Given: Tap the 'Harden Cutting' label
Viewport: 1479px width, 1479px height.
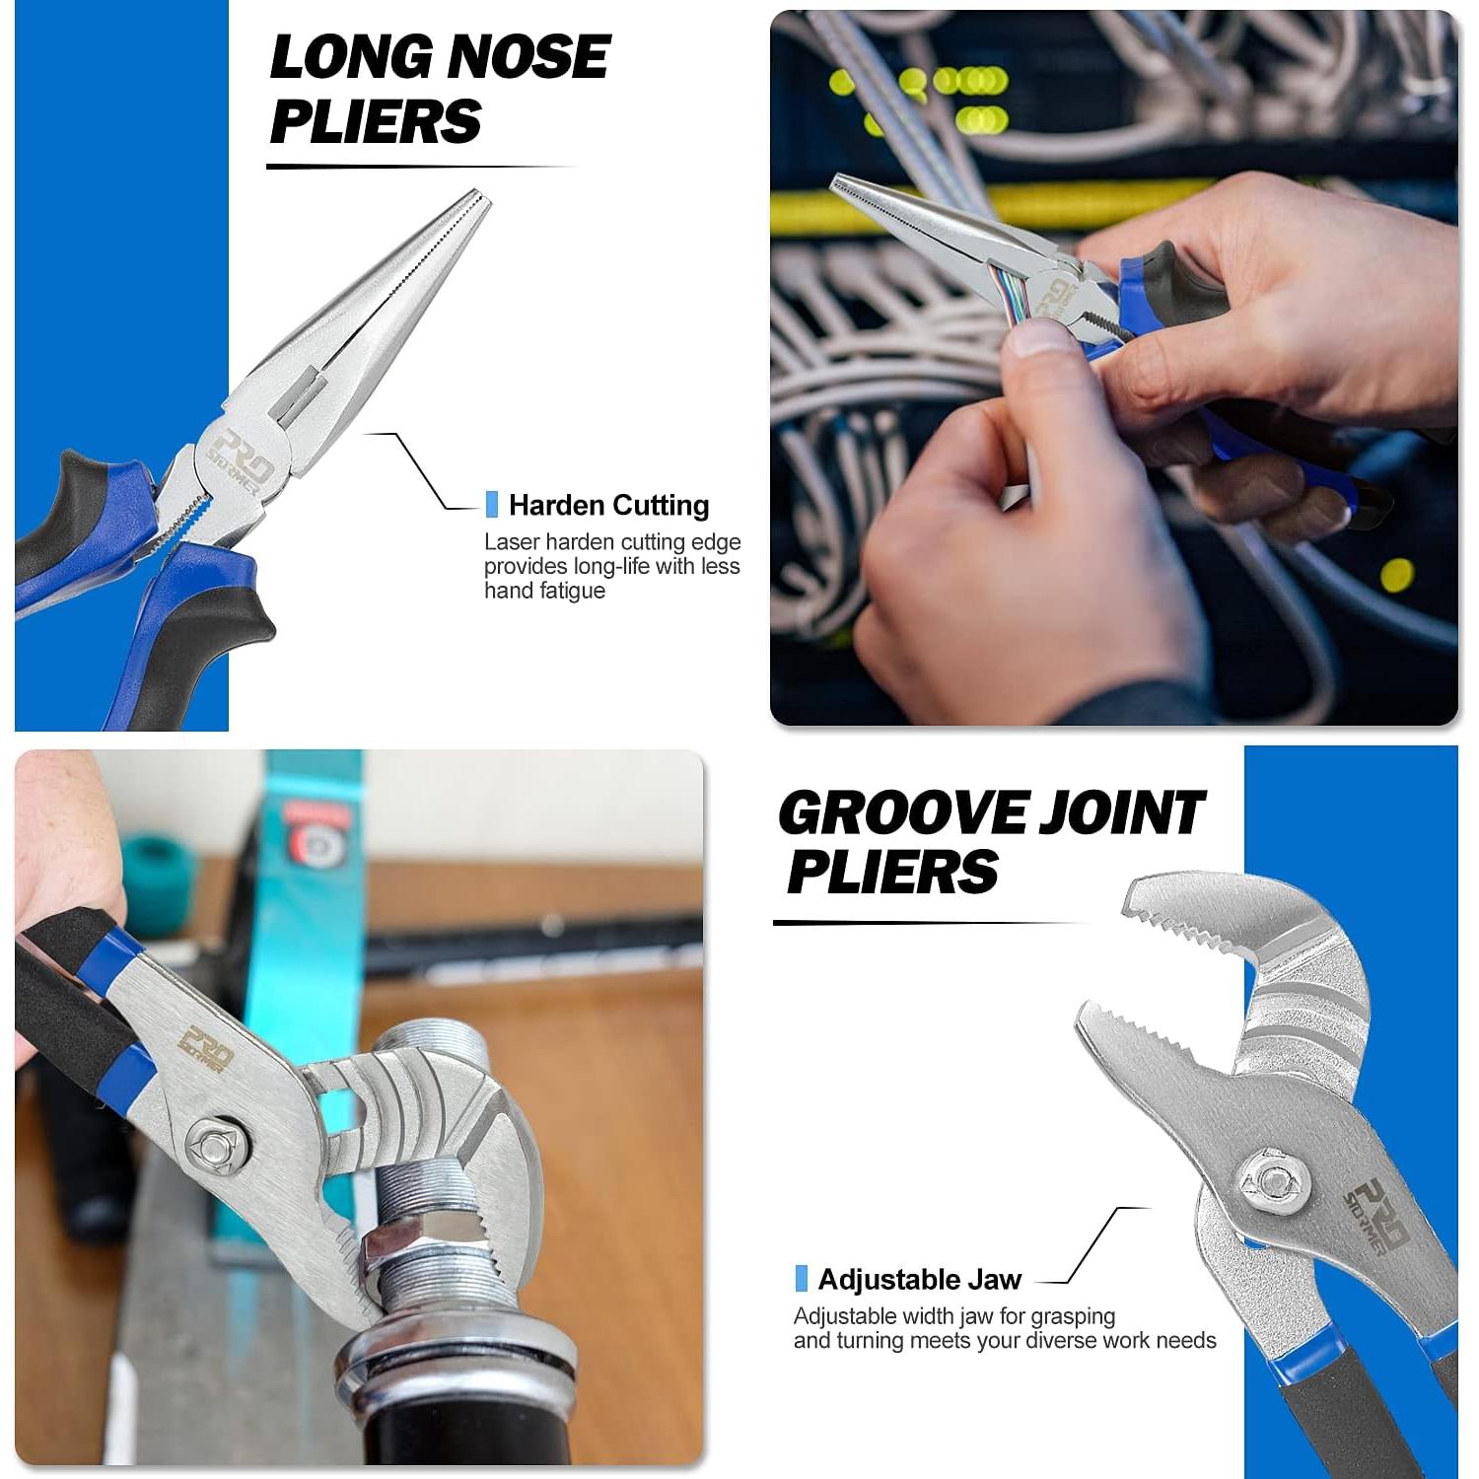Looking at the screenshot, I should [x=608, y=506].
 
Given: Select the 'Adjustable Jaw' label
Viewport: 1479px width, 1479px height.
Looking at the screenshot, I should [x=919, y=1280].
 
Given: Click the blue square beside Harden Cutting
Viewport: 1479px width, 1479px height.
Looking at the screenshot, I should [x=492, y=505].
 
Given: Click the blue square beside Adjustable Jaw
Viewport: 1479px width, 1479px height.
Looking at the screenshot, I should [x=801, y=1279].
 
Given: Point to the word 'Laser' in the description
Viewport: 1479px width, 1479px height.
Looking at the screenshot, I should [x=510, y=541].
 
